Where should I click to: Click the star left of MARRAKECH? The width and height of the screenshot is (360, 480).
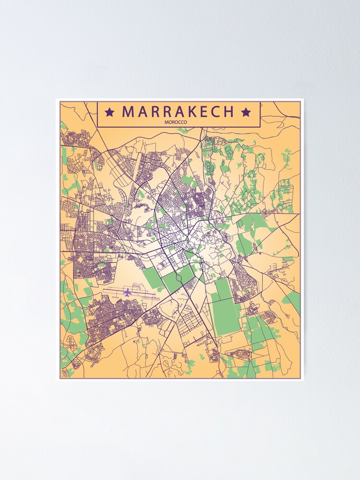(109, 112)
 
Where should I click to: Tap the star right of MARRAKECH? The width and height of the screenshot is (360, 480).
(246, 112)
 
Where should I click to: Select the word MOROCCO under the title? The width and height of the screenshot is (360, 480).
(176, 122)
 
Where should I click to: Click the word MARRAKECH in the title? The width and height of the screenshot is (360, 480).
(178, 112)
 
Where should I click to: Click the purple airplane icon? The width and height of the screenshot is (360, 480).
(127, 292)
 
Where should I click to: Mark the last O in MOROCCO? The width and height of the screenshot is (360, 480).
(186, 122)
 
